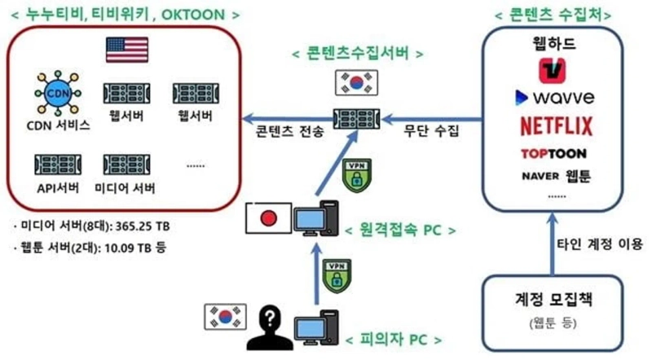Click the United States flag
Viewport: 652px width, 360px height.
point(126,50)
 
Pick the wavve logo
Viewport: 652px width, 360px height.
point(553,99)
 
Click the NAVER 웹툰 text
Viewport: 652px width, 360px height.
point(557,175)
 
